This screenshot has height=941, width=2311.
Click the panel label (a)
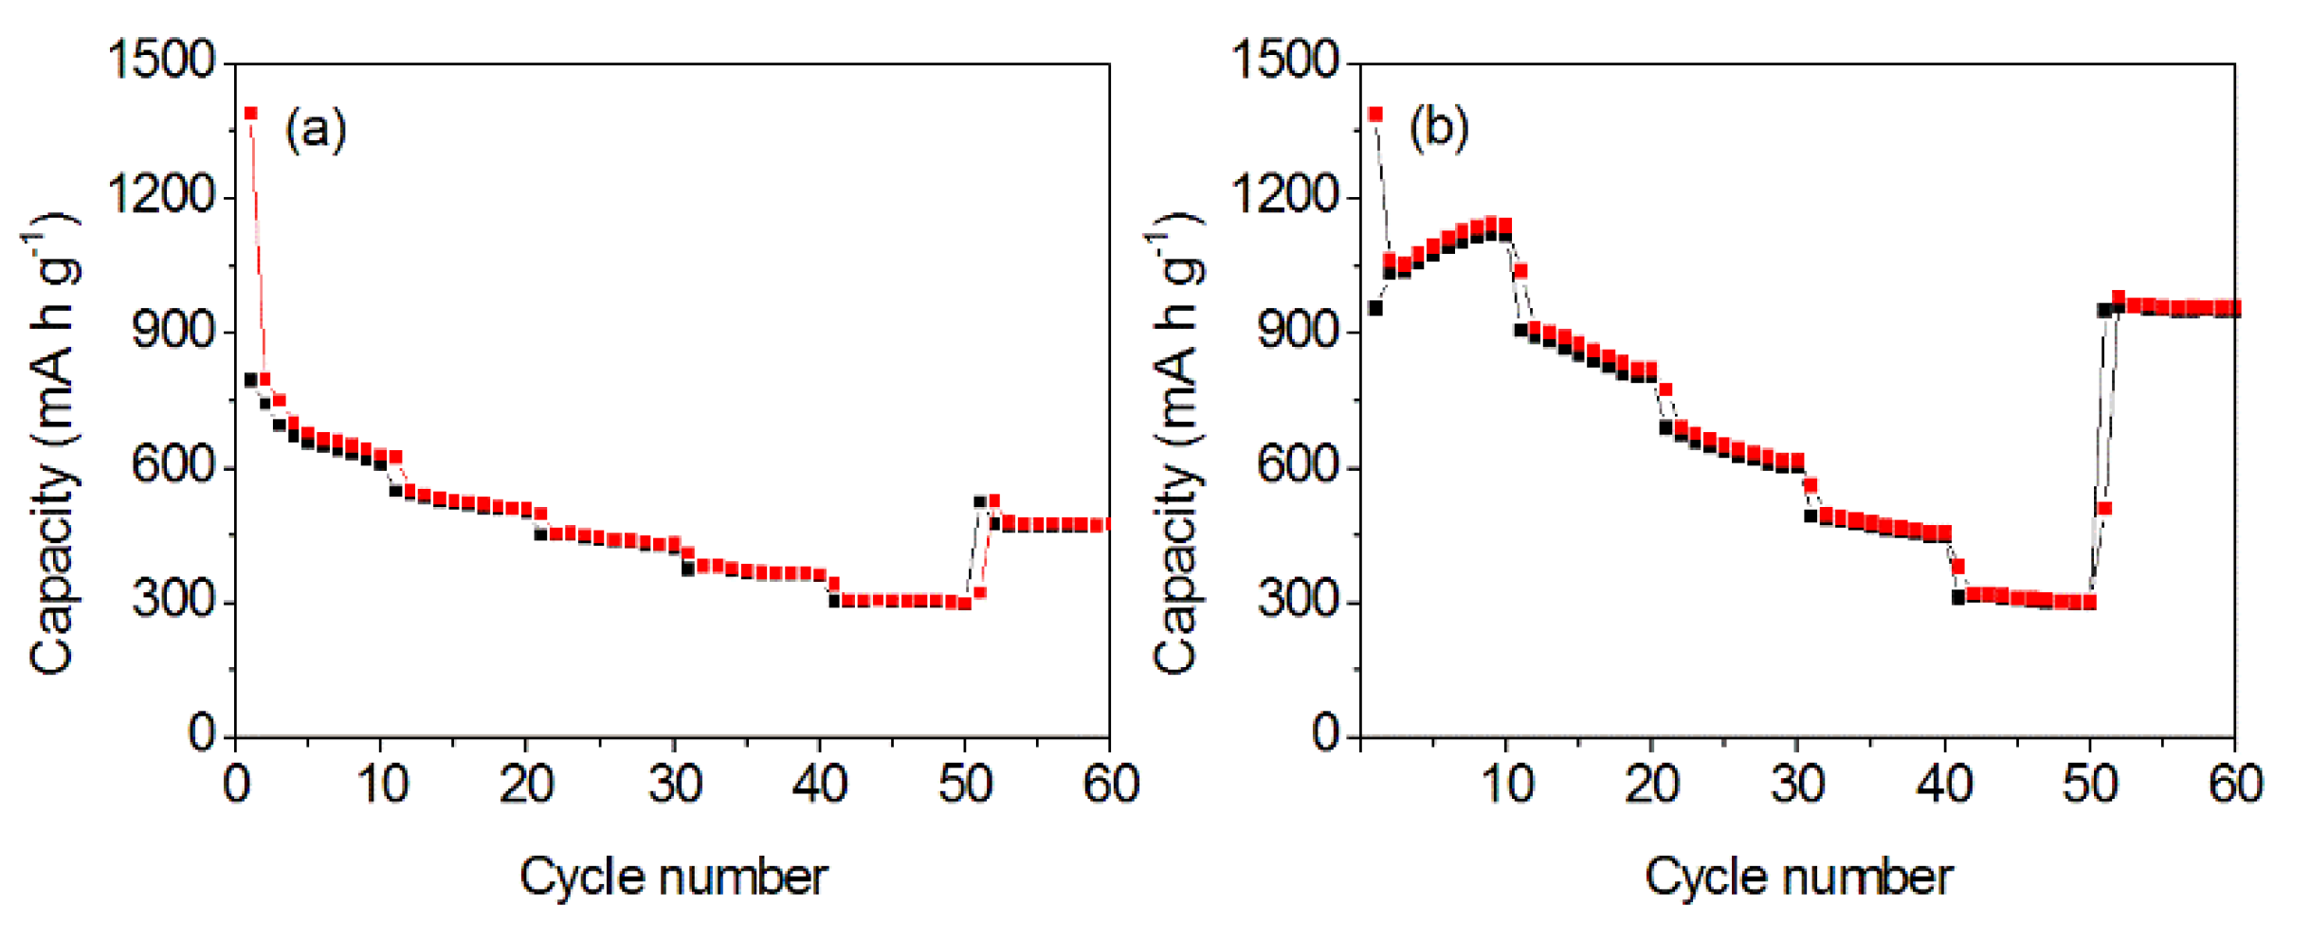(316, 128)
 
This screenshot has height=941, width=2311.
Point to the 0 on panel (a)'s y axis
(201, 733)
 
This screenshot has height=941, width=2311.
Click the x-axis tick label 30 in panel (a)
(675, 785)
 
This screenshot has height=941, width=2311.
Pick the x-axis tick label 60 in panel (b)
(2235, 785)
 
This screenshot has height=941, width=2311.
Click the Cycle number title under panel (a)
(673, 877)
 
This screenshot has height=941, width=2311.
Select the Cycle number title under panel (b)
(1798, 877)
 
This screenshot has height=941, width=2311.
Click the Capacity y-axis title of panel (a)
(52, 445)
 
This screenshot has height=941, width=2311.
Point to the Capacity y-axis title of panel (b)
(1176, 445)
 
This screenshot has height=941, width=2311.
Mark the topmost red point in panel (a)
(251, 114)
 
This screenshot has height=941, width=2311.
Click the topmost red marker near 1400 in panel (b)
(1376, 115)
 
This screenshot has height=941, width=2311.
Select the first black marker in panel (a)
(251, 380)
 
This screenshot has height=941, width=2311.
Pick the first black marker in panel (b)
(1375, 308)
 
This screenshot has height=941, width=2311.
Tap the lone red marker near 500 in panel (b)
(2104, 509)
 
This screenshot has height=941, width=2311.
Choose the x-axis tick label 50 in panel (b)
(2089, 785)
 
